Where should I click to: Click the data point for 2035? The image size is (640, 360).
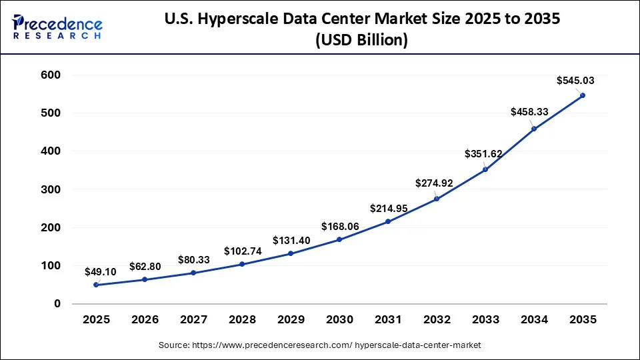[583, 95]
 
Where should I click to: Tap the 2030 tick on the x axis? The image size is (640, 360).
[339, 320]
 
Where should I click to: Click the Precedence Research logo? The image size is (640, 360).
[57, 27]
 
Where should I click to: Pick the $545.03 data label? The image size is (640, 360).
[575, 81]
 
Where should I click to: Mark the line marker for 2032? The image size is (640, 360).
[437, 199]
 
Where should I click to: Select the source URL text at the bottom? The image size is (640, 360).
[320, 345]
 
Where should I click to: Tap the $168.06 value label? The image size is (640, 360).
[341, 227]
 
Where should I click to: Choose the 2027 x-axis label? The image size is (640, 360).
[193, 320]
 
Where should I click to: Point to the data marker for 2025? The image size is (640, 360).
[96, 285]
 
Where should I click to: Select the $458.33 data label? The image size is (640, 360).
[529, 112]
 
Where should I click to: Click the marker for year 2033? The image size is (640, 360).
[485, 169]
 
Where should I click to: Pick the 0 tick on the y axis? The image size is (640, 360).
[57, 304]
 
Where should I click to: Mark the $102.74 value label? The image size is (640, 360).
[243, 251]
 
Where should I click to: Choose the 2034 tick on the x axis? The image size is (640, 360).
[534, 320]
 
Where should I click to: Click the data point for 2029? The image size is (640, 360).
[291, 253]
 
